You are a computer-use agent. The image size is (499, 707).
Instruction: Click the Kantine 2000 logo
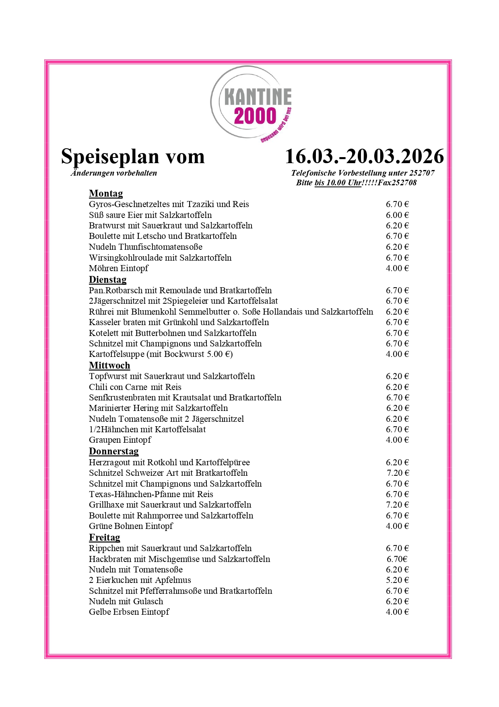coord(252,104)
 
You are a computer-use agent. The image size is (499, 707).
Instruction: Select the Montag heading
coord(106,194)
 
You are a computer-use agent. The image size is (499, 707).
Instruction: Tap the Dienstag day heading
coord(107,280)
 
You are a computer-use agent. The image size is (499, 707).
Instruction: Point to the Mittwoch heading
coord(109,365)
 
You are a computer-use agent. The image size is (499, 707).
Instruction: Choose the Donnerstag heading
coord(114,451)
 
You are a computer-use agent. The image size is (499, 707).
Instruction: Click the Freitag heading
coord(105,537)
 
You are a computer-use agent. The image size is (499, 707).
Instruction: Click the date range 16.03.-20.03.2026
coord(364,156)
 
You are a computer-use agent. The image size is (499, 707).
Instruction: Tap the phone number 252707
coord(422,173)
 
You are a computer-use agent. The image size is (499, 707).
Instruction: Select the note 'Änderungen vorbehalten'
coord(114,173)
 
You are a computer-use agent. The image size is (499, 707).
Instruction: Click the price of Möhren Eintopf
coord(397,268)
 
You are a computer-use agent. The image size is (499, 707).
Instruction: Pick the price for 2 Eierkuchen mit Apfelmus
coord(397,580)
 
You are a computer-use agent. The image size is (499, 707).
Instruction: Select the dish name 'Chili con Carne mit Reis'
coord(135,387)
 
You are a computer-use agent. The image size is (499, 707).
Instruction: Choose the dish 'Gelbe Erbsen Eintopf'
coord(129,612)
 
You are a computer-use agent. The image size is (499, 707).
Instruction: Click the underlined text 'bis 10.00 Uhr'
coord(338,183)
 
